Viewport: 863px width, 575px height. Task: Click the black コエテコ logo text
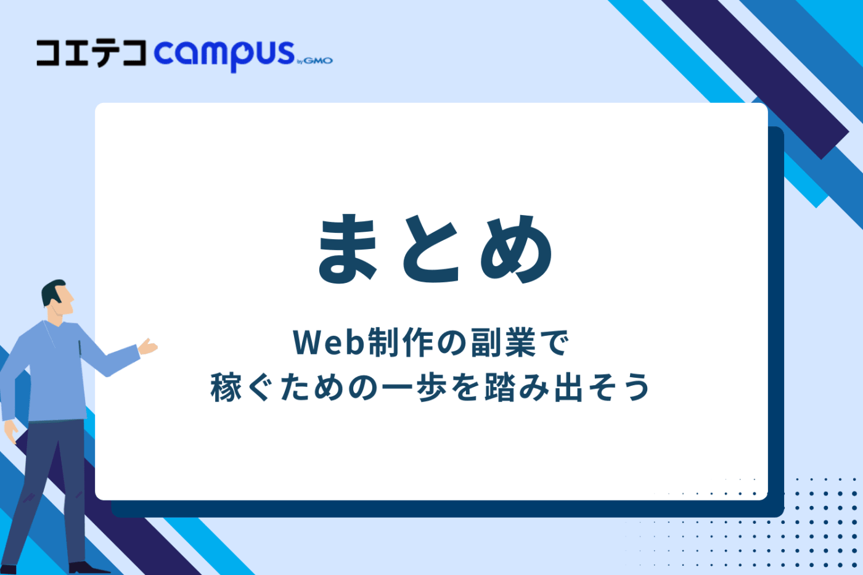91,53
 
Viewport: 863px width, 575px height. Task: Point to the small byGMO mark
315,60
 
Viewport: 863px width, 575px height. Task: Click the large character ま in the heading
348,249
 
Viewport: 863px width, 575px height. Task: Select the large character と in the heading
431,249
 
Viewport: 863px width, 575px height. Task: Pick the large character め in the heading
517,249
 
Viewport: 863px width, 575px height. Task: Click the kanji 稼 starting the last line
226,388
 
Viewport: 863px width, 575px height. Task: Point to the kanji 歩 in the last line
431,388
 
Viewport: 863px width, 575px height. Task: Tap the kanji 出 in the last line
568,388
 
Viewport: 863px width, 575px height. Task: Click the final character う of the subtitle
636,388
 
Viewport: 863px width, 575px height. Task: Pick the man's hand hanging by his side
10,431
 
